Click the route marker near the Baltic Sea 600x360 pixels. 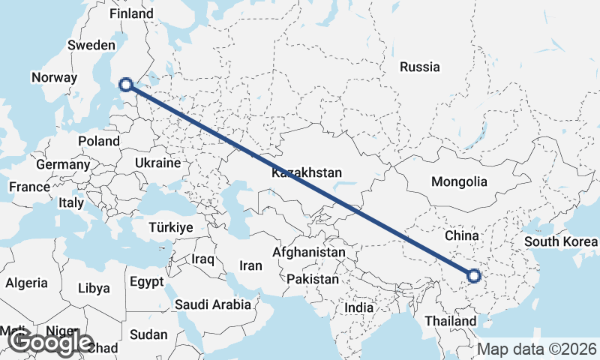pyautogui.click(x=127, y=85)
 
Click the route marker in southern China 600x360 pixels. pyautogui.click(x=473, y=276)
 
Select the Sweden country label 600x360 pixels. pyautogui.click(x=91, y=45)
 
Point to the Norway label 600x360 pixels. pyautogui.click(x=54, y=77)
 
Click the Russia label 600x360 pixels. pyautogui.click(x=419, y=67)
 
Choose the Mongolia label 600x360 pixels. pyautogui.click(x=459, y=181)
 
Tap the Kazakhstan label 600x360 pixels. pyautogui.click(x=307, y=172)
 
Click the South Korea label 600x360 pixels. pyautogui.click(x=561, y=241)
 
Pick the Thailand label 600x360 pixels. pyautogui.click(x=449, y=321)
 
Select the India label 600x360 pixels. pyautogui.click(x=358, y=307)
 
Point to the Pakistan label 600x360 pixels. pyautogui.click(x=313, y=279)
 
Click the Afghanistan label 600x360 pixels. pyautogui.click(x=309, y=253)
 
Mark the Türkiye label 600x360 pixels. pyautogui.click(x=171, y=227)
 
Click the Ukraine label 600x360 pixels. pyautogui.click(x=157, y=163)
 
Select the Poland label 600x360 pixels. pyautogui.click(x=99, y=141)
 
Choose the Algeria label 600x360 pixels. pyautogui.click(x=26, y=283)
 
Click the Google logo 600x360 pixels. pyautogui.click(x=51, y=343)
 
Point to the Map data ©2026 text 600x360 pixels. pyautogui.click(x=537, y=349)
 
